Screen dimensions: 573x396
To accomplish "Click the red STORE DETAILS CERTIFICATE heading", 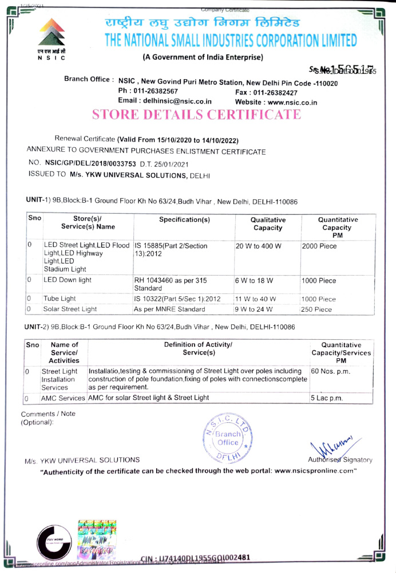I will (196, 114).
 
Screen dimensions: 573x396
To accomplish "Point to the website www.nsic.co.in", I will (284, 102).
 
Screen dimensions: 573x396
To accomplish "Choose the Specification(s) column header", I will (184, 220).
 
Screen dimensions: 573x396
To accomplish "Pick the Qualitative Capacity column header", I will (268, 223).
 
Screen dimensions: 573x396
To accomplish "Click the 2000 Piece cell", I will (319, 246).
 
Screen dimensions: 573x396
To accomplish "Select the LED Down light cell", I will (68, 280).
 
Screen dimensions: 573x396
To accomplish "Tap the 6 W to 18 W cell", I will (254, 280).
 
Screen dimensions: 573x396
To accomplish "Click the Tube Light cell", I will (60, 299).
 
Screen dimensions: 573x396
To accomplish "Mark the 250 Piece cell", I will (316, 309).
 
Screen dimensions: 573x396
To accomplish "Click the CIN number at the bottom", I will (195, 558).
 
